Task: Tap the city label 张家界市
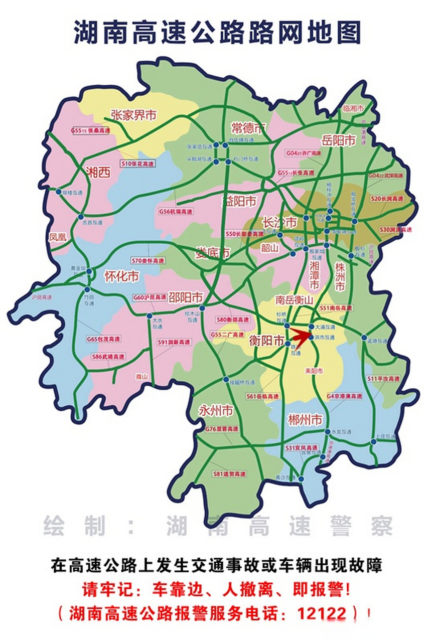pyautogui.click(x=133, y=115)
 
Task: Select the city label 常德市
pyautogui.click(x=248, y=127)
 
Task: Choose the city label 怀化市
pyautogui.click(x=121, y=276)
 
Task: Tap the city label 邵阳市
pyautogui.click(x=185, y=296)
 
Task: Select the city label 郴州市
pyautogui.click(x=305, y=419)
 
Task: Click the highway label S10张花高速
pyautogui.click(x=137, y=164)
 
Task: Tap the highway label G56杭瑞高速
pyautogui.click(x=176, y=212)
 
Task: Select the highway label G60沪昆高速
pyautogui.click(x=150, y=297)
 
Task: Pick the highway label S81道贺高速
pyautogui.click(x=229, y=473)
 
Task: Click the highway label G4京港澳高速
pyautogui.click(x=344, y=396)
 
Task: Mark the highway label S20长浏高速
pyautogui.click(x=387, y=199)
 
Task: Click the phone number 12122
pyautogui.click(x=322, y=613)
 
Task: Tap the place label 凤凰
pyautogui.click(x=58, y=237)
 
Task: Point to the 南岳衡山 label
pyautogui.click(x=294, y=299)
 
